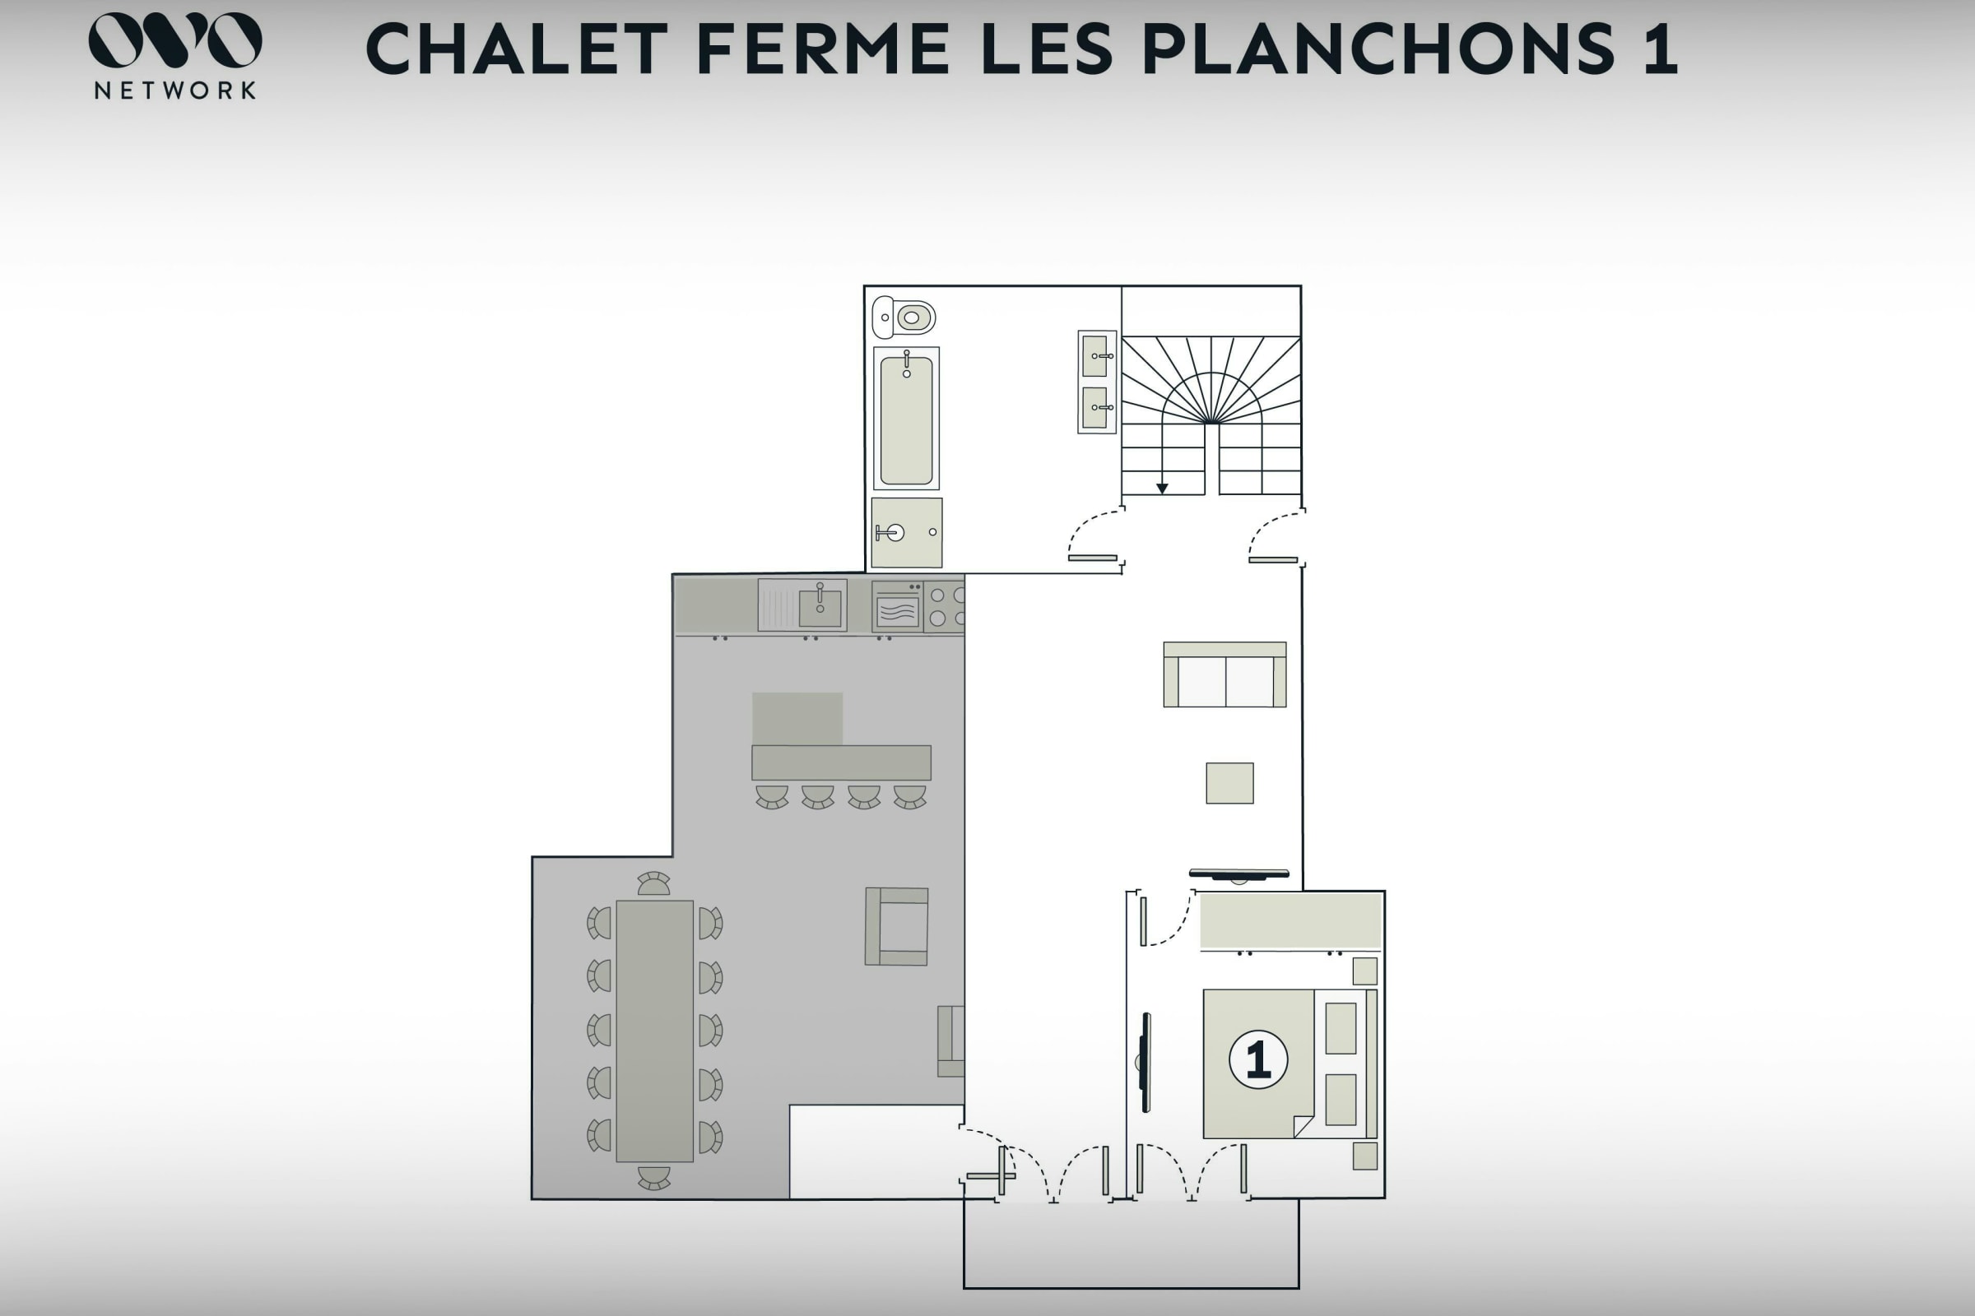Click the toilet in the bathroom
(904, 317)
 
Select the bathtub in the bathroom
(906, 418)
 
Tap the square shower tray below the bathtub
(907, 532)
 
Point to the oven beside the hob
(897, 606)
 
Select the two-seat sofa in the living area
(1224, 674)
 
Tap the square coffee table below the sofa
(1230, 783)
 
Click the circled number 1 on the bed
(1258, 1060)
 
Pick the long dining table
(655, 1031)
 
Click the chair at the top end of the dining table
(654, 883)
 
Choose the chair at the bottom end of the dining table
(654, 1178)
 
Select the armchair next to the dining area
(897, 927)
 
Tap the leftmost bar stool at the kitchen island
(772, 796)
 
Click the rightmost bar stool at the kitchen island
(909, 796)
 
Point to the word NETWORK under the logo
(175, 90)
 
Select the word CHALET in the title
(518, 49)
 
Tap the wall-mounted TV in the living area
(1238, 874)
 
